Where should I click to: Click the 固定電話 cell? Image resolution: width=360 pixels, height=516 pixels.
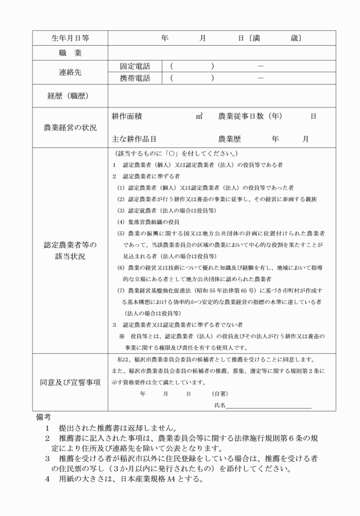tap(134, 66)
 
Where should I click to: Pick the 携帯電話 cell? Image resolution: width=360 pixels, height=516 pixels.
tap(134, 79)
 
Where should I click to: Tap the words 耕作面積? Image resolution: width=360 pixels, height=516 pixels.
tap(127, 116)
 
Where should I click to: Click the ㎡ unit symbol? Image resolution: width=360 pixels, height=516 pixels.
tap(199, 116)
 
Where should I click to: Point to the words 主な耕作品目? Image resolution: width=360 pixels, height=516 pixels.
tap(134, 138)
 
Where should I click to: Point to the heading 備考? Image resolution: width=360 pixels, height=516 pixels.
tap(44, 418)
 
